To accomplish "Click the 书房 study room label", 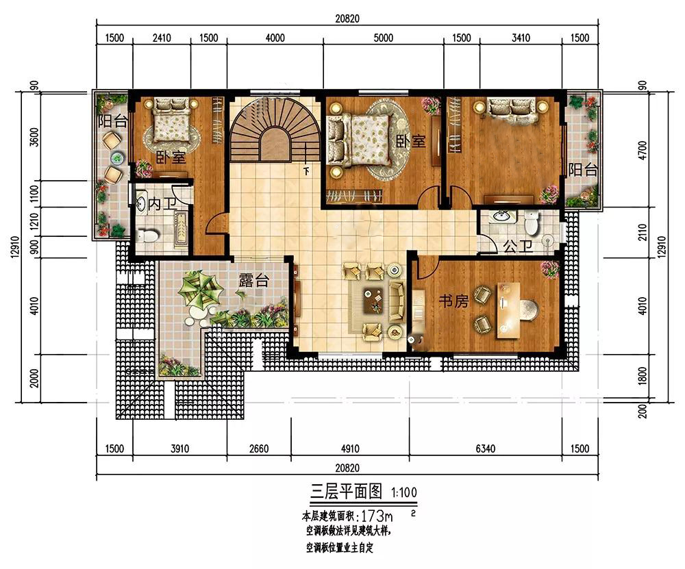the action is [x=453, y=301].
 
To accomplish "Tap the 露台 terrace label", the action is [x=253, y=280].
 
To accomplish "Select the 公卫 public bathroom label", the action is [x=518, y=246].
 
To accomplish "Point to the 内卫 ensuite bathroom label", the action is [x=162, y=203].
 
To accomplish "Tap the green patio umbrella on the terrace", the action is [x=200, y=289].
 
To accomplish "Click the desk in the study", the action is [x=508, y=310].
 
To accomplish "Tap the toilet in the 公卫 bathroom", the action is [x=531, y=222].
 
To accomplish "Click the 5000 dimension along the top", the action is [x=383, y=38].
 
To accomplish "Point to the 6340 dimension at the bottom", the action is [x=486, y=448].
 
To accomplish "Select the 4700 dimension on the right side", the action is [x=643, y=150].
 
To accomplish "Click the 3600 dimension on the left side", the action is [x=34, y=137].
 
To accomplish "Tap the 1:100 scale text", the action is [x=403, y=492].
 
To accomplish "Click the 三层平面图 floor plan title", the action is [x=346, y=492].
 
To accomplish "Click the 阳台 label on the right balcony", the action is [x=583, y=169].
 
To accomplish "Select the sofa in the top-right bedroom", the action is [x=512, y=107].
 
